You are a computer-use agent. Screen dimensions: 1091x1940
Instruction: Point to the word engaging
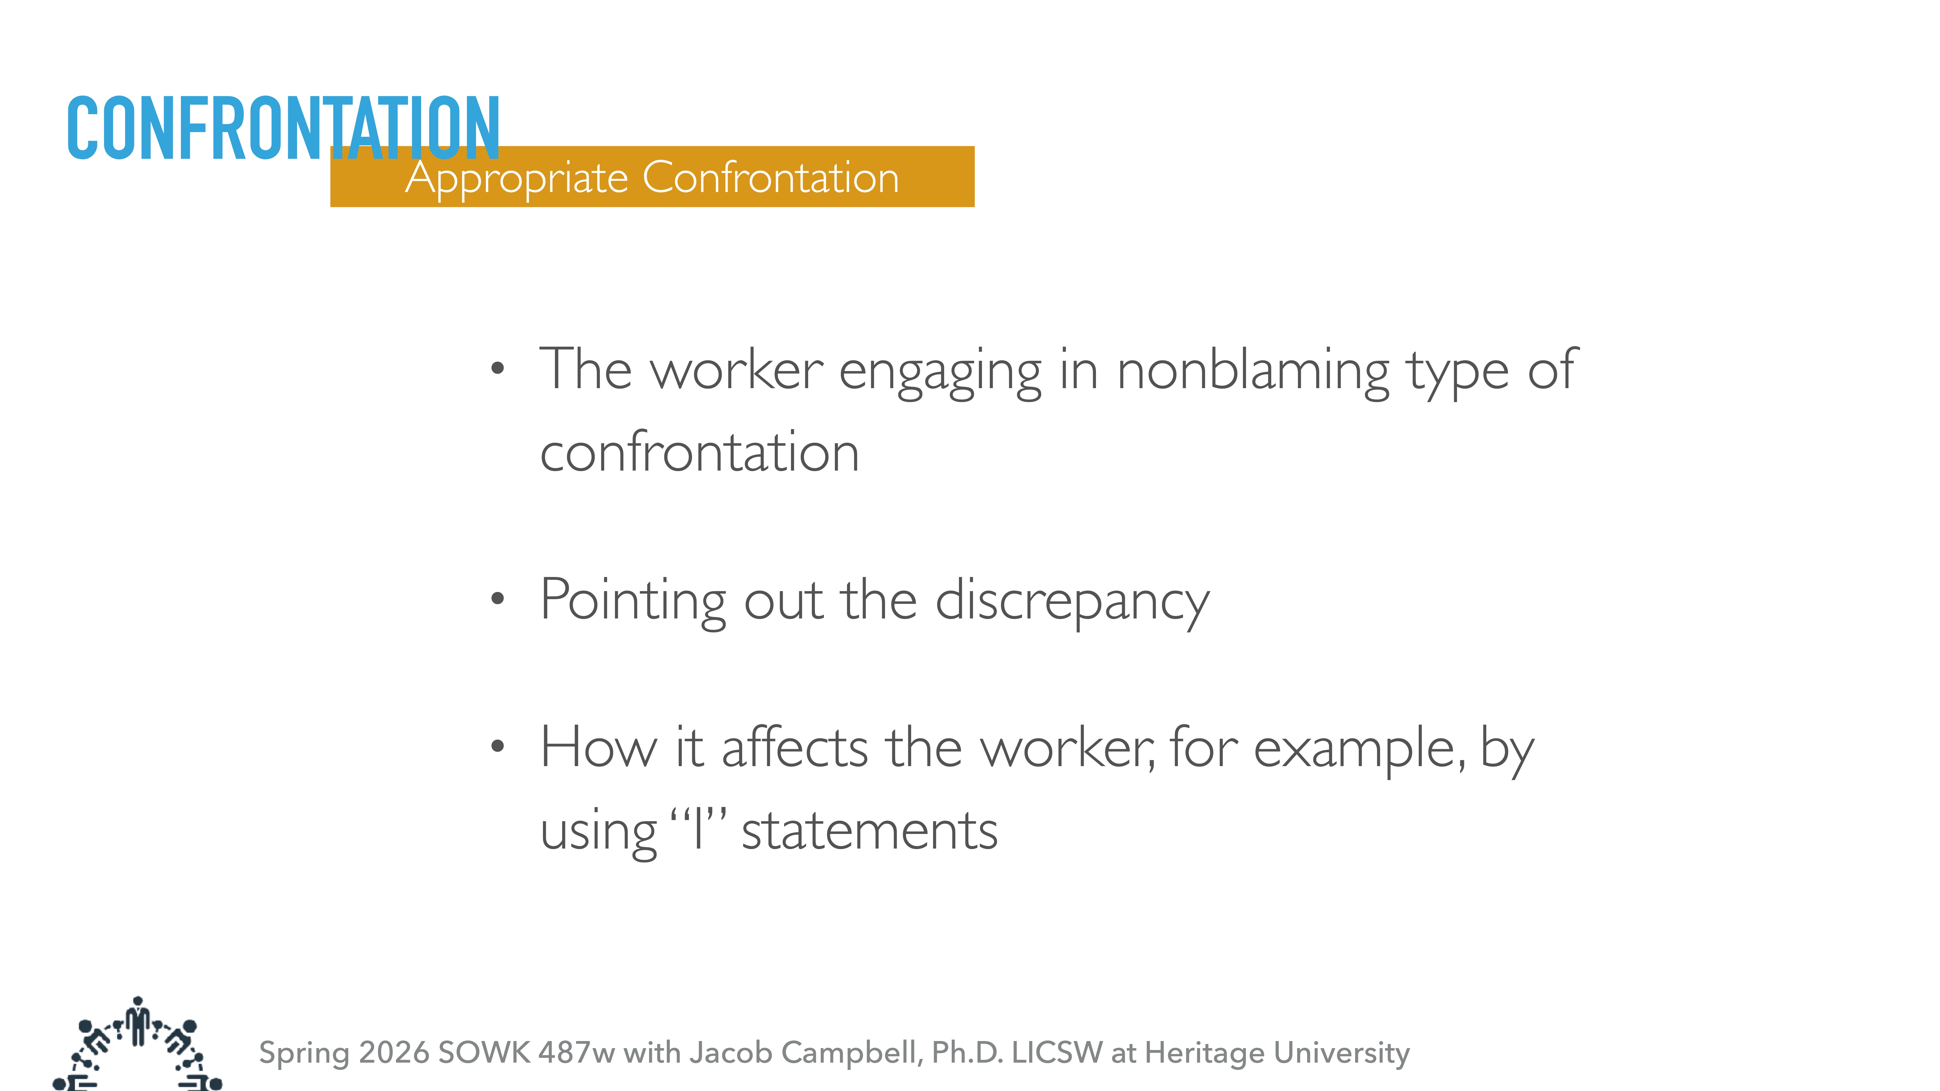click(940, 372)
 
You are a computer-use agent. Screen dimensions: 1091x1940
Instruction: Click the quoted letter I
click(698, 830)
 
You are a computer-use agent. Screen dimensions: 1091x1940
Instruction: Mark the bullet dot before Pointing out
click(497, 599)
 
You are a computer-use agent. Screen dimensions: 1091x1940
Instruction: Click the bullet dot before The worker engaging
click(497, 369)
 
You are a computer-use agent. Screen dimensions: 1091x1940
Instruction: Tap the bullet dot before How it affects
click(497, 746)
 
